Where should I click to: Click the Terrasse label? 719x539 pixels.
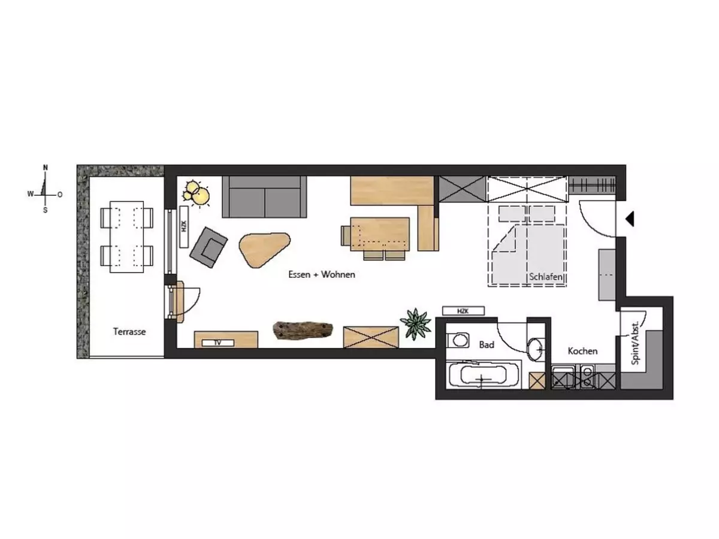coord(129,332)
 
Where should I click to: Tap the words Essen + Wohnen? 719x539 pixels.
coord(322,274)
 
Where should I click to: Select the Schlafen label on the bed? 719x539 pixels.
coord(546,277)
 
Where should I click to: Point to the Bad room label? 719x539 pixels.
coord(487,344)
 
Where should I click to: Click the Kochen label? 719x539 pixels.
coord(582,351)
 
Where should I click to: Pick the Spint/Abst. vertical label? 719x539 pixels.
coord(635,343)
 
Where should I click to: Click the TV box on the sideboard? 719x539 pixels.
coord(218,343)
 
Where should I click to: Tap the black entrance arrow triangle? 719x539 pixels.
coord(630,219)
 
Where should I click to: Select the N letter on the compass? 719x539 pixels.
coord(46,168)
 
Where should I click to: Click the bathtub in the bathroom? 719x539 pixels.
coord(484,376)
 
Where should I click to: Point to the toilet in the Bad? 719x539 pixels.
coord(458,340)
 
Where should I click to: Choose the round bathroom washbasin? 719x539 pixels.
coord(536,350)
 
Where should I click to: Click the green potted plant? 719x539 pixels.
coord(416,325)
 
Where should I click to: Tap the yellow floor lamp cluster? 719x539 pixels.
coord(196,193)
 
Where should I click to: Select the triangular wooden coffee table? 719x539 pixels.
coord(264,249)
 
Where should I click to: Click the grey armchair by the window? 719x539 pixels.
coord(209,247)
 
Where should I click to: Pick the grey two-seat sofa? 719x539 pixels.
coord(264,197)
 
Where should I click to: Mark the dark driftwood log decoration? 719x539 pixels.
coord(303,331)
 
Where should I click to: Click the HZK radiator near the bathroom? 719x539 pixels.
coord(463,311)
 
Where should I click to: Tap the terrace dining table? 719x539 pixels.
coord(127,237)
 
